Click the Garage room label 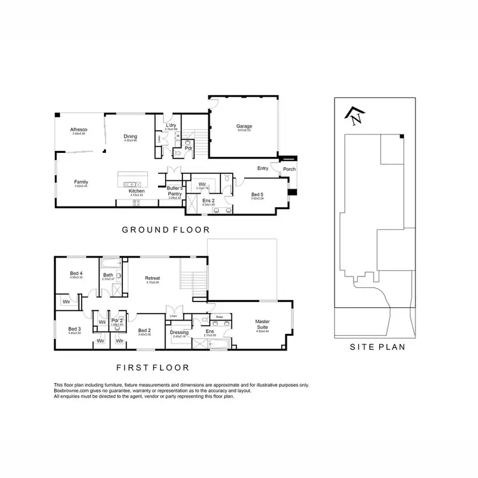point(244,126)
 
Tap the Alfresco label point(79,130)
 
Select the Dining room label point(130,136)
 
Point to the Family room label point(81,182)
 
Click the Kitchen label point(136,191)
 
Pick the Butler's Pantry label point(175,191)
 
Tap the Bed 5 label point(257,194)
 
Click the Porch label point(289,170)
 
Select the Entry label point(263,168)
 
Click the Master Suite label point(263,324)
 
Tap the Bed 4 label point(76,273)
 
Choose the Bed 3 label point(75,329)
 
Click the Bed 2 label point(145,330)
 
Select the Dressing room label point(180,332)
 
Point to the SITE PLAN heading point(378,348)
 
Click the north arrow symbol point(354,115)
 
